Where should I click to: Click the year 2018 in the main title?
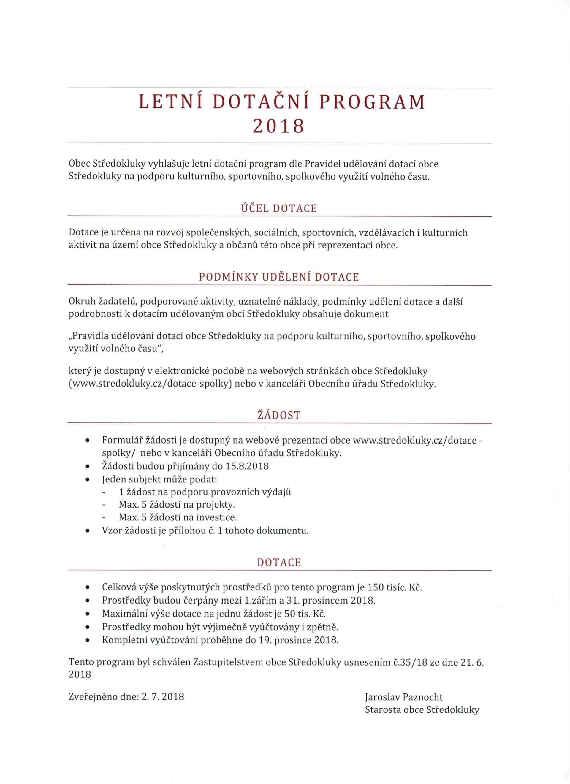[x=278, y=126]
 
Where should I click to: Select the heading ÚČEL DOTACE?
[x=279, y=208]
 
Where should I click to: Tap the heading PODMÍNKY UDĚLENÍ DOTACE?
[x=279, y=277]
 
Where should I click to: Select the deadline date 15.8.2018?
[x=247, y=466]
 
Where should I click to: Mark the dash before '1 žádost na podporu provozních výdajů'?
[x=103, y=492]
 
